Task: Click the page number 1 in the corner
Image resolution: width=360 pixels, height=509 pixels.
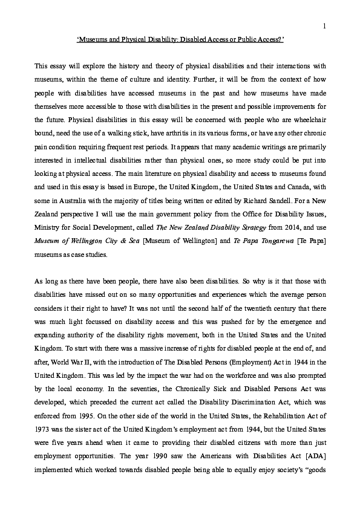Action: point(326,25)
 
